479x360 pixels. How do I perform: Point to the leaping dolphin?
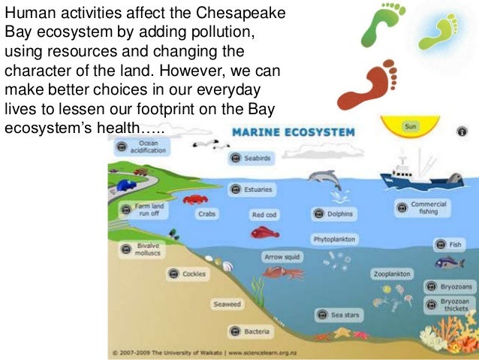324,181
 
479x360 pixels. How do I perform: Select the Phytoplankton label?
334,239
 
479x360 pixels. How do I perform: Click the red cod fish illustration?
264,232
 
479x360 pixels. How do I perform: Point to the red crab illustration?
195,199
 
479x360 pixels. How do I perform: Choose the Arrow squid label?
282,256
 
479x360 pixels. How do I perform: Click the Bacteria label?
251,331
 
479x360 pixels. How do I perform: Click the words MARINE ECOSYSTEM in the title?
294,132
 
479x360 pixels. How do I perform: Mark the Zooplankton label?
391,274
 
